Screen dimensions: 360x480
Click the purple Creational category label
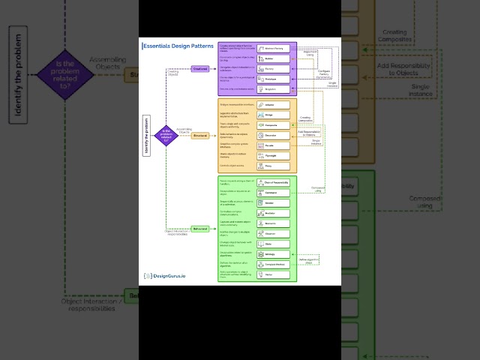pyautogui.click(x=200, y=68)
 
